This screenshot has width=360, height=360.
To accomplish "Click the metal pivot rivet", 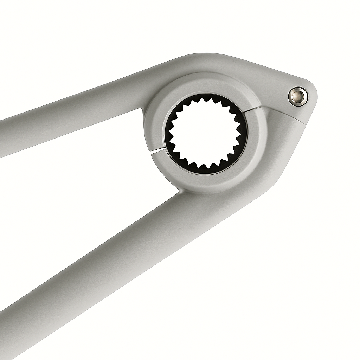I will point(298,96).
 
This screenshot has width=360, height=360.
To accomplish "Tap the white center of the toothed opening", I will point(206,134).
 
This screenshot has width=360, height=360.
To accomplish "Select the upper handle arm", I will point(70,120).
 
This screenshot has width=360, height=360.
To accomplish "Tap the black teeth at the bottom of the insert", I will point(206,169).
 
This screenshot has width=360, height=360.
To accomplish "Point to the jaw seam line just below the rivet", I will point(288,114).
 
